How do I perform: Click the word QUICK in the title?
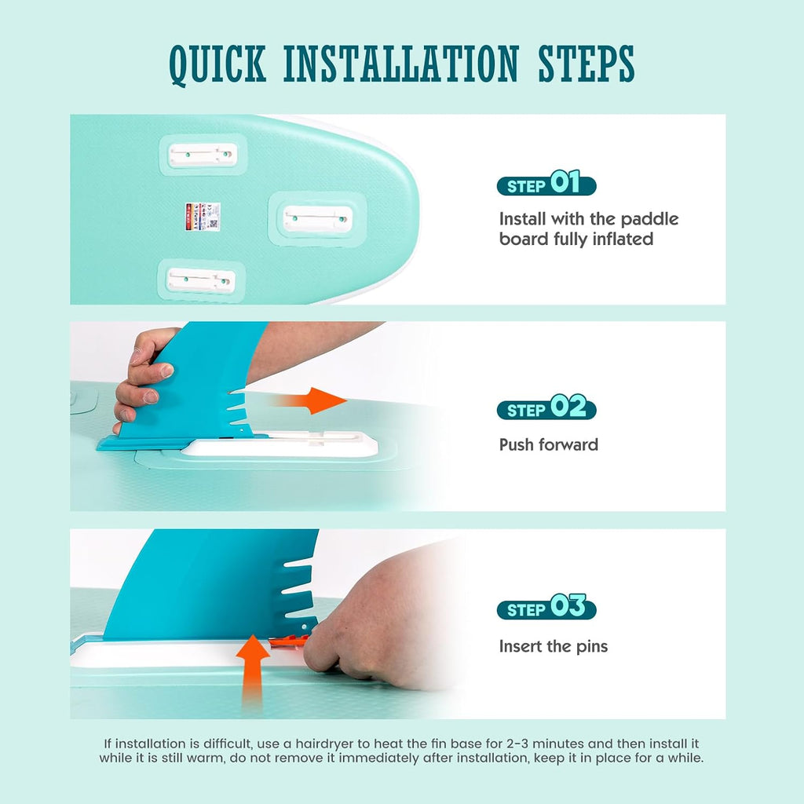[218, 65]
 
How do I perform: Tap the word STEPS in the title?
[587, 64]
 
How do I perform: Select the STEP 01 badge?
[546, 183]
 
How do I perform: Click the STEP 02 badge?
[546, 407]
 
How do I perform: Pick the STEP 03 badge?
[546, 607]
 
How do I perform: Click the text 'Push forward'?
[549, 444]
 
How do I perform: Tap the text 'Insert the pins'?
[554, 646]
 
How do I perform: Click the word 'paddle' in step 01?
[649, 220]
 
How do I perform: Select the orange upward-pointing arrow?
[253, 667]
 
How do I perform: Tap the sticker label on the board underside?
[203, 217]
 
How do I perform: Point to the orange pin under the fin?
[288, 640]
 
